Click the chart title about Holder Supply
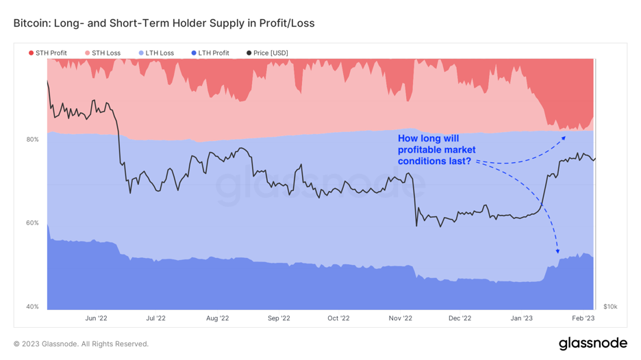point(164,23)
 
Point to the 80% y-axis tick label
point(32,140)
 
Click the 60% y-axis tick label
point(32,223)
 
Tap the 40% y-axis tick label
point(32,307)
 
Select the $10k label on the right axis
point(610,307)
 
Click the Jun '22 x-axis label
point(96,318)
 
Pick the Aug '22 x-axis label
point(217,318)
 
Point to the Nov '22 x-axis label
point(400,318)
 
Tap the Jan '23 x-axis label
point(522,318)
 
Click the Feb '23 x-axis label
point(583,318)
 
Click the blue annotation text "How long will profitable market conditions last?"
point(436,150)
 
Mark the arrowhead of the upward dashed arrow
point(564,138)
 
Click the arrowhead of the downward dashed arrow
point(557,252)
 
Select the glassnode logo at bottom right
point(592,343)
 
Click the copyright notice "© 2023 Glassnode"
point(81,344)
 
